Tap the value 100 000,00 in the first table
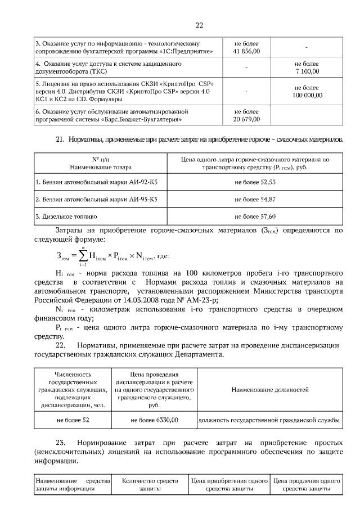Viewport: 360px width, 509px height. pyautogui.click(x=307, y=95)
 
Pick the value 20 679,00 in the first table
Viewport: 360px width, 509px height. pyautogui.click(x=247, y=119)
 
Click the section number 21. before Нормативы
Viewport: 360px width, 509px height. pyautogui.click(x=61, y=139)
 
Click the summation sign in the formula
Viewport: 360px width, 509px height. pyautogui.click(x=83, y=256)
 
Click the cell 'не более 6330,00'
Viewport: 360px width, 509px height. pyautogui.click(x=154, y=420)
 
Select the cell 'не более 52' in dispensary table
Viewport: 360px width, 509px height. pyautogui.click(x=73, y=420)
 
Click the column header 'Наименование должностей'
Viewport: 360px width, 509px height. pyautogui.click(x=270, y=389)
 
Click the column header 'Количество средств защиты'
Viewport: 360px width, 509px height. pyautogui.click(x=150, y=485)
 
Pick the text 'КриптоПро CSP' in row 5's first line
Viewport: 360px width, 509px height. pyautogui.click(x=190, y=83)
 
